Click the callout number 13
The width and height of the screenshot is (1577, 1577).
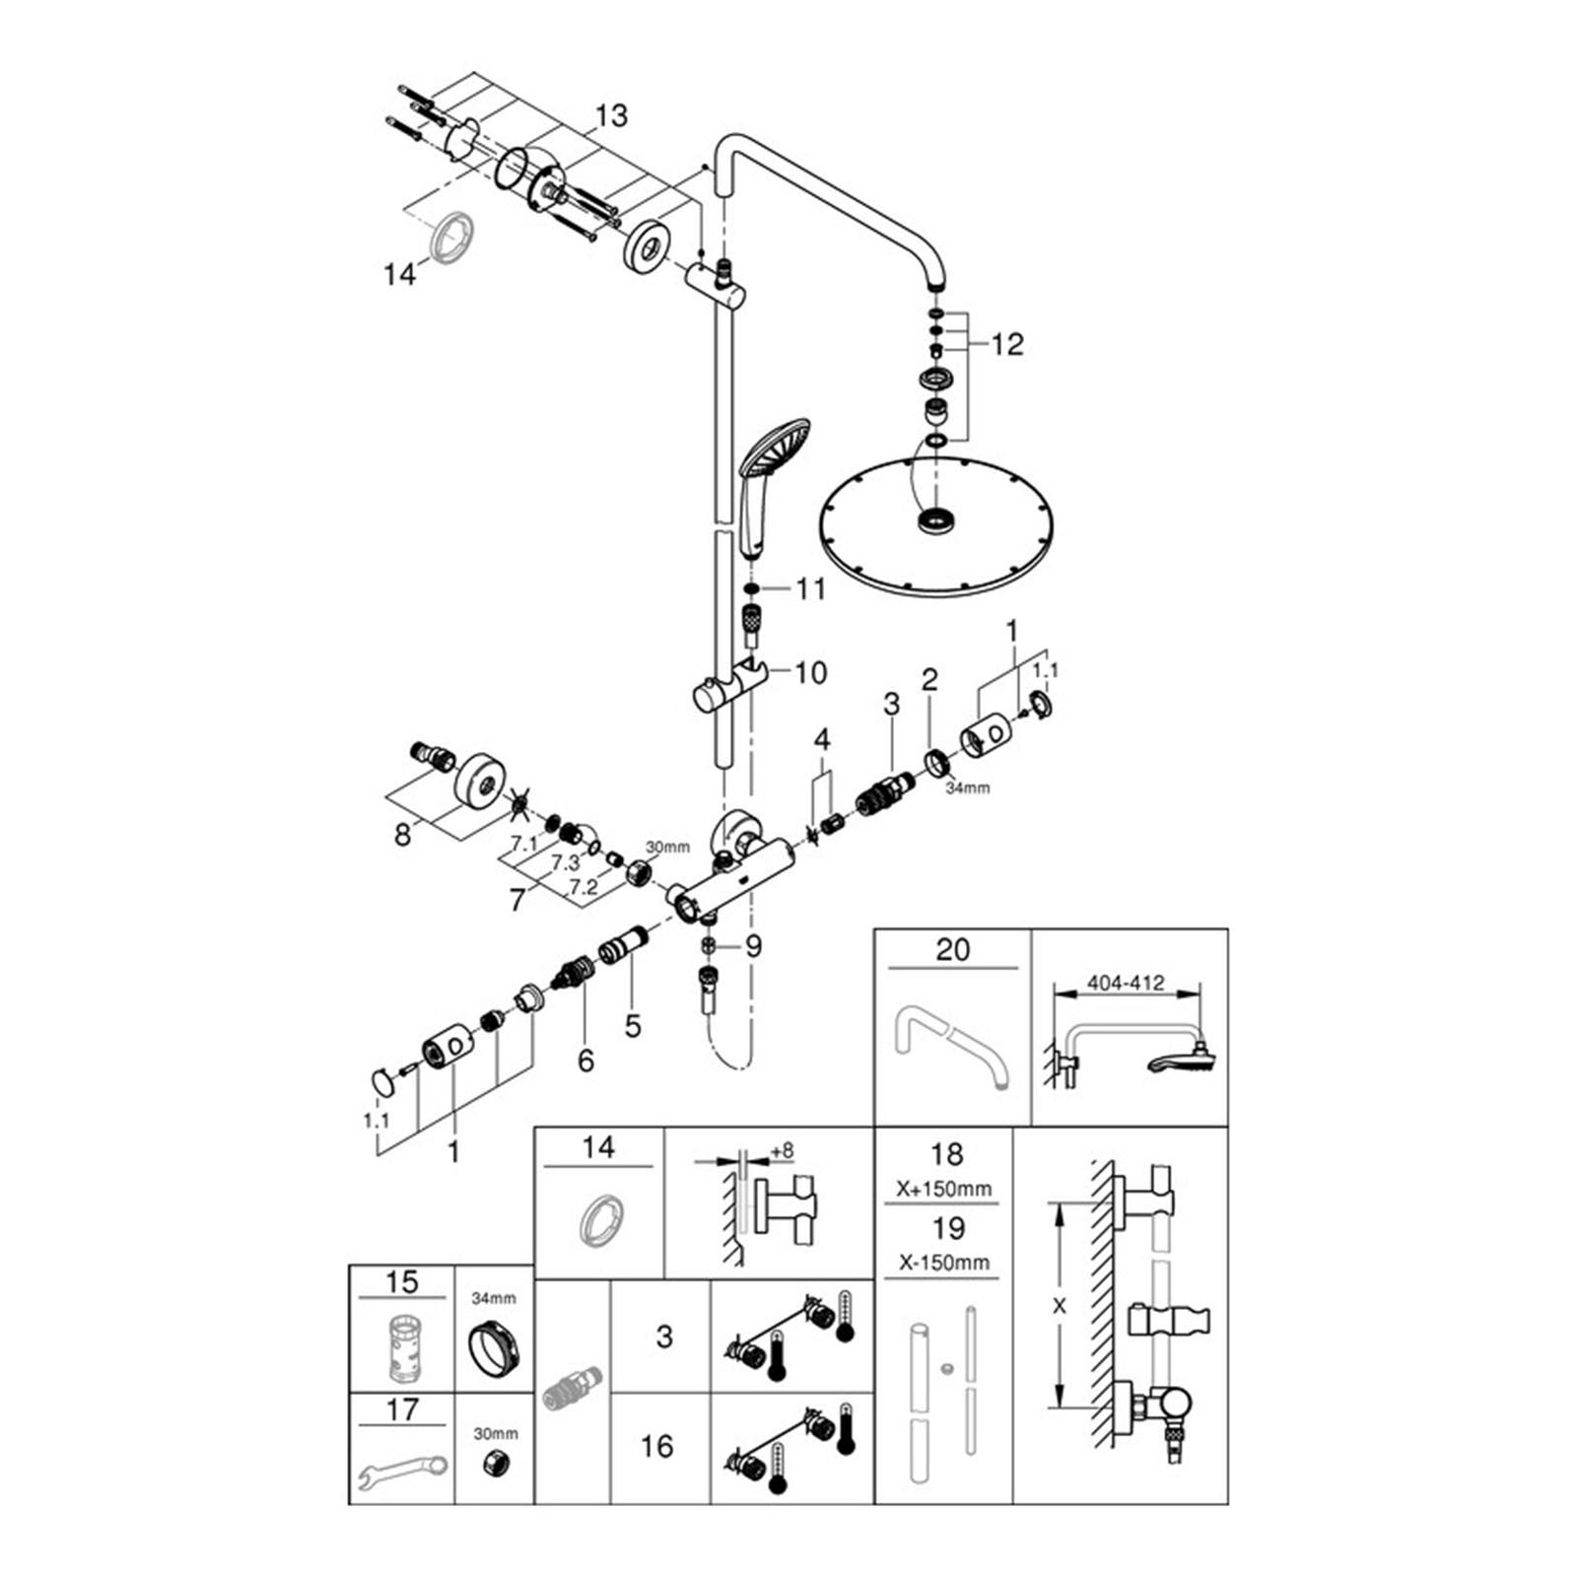point(611,116)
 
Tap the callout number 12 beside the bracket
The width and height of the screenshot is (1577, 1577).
point(1007,344)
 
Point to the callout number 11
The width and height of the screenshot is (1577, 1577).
point(810,589)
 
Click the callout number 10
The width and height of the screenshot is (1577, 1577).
point(810,673)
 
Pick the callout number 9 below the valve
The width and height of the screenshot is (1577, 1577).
point(753,947)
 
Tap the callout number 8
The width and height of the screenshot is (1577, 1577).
point(402,834)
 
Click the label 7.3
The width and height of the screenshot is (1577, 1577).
point(565,862)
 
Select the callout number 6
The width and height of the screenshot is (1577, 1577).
point(586,1061)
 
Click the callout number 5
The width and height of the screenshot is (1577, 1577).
point(633,1026)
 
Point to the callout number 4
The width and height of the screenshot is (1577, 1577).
point(821,739)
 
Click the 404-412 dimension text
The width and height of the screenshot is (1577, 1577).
point(1125,983)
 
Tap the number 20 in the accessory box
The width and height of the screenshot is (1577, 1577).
point(953,950)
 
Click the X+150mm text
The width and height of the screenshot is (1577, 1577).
point(944,1189)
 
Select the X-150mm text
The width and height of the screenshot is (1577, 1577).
point(944,1263)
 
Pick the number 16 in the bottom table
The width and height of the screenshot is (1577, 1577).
point(656,1447)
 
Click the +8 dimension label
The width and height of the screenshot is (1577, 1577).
point(783,1150)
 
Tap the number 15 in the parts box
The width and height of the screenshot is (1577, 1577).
point(401,1282)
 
